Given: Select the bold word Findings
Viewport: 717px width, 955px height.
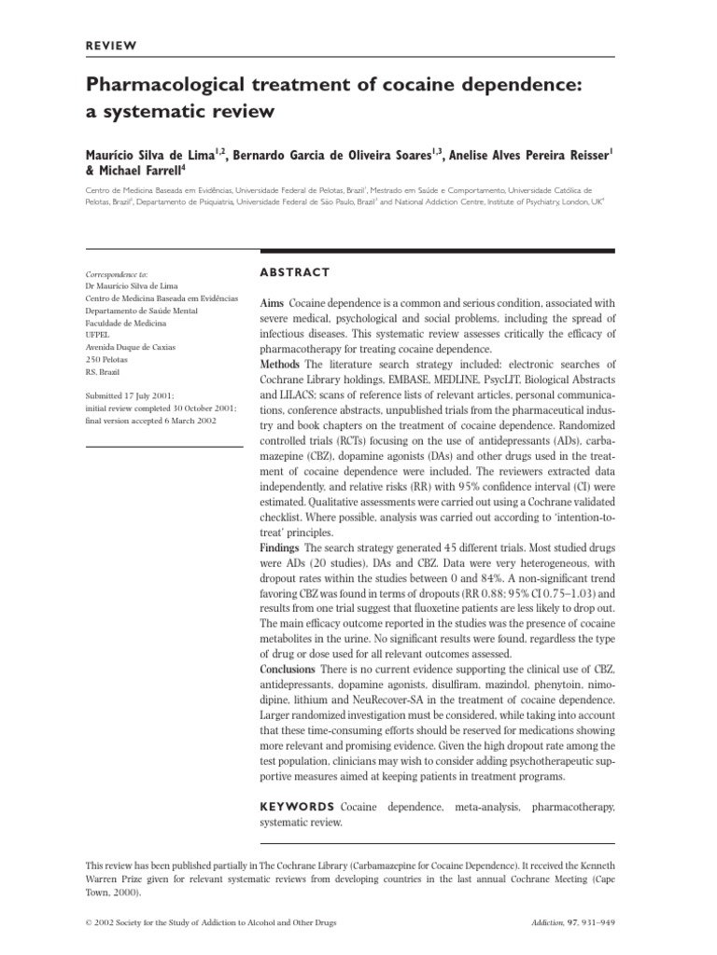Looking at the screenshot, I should click(280, 547).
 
